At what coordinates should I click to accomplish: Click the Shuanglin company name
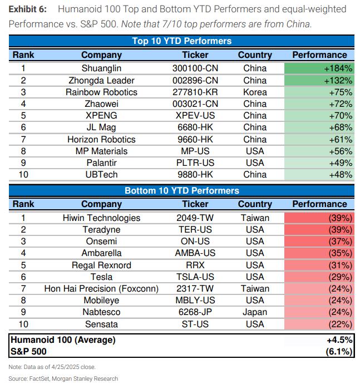(x=101, y=68)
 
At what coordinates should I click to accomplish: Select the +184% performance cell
(x=319, y=68)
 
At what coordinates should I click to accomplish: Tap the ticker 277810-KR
(x=195, y=92)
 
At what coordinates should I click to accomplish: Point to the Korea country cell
(x=255, y=92)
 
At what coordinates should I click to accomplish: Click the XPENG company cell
(x=101, y=116)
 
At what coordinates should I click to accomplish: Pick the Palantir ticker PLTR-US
(x=195, y=163)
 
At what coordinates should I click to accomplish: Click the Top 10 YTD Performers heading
(x=182, y=41)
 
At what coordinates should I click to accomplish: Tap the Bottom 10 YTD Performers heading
(x=182, y=190)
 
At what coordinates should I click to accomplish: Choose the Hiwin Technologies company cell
(x=101, y=218)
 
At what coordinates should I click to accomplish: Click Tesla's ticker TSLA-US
(x=195, y=277)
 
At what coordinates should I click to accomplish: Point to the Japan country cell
(x=255, y=312)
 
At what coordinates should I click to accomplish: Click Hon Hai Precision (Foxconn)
(x=101, y=289)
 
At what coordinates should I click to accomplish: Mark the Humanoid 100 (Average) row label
(x=63, y=340)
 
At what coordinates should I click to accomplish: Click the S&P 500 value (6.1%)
(x=339, y=352)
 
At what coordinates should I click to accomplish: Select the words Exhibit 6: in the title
(x=28, y=9)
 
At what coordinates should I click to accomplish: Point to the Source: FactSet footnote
(x=63, y=378)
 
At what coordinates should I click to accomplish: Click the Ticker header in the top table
(x=195, y=55)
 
